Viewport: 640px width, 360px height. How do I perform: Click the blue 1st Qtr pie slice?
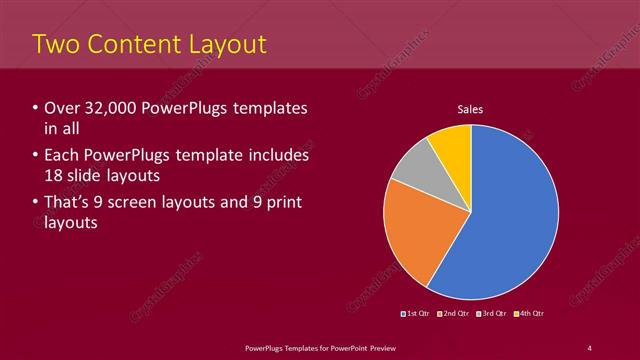point(510,220)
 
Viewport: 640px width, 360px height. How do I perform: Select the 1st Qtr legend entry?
point(418,314)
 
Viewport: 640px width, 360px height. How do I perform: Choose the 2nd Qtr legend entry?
point(456,314)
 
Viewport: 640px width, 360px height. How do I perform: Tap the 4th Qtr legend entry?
point(530,314)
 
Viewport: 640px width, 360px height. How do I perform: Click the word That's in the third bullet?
point(68,203)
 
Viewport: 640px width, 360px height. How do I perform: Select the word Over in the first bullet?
point(61,107)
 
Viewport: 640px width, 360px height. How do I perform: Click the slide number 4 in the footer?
point(590,347)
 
